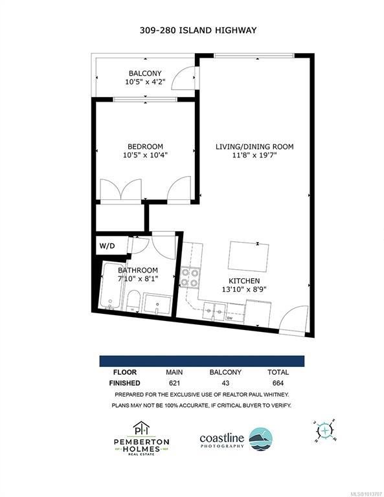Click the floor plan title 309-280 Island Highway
pos(198,30)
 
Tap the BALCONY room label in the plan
pos(145,73)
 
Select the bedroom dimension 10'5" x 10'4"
pos(145,155)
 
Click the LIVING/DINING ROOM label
pos(254,147)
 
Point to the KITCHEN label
pos(244,281)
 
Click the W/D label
pos(107,246)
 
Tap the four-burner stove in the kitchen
pos(190,278)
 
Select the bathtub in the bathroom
pos(111,285)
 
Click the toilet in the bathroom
pos(134,300)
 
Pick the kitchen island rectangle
pos(248,256)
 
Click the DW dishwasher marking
pos(229,318)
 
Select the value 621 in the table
pos(174,383)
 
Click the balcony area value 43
pos(225,383)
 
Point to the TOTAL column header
pos(278,372)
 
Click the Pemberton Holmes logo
pos(141,438)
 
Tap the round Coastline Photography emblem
pos(261,439)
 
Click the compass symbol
pos(325,430)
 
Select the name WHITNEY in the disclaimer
pos(276,395)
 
